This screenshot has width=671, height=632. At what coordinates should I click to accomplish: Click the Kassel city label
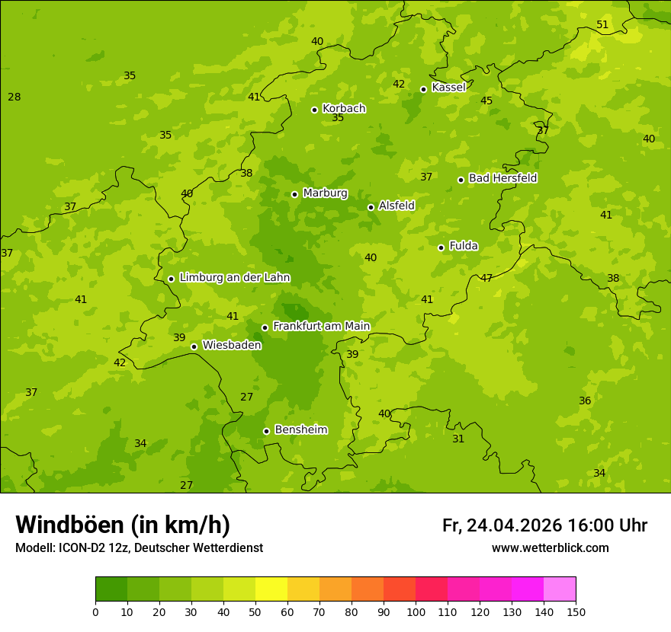click(x=448, y=88)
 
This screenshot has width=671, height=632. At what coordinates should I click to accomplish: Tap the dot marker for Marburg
click(x=294, y=194)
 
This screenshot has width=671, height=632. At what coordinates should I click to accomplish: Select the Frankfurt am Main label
click(x=321, y=326)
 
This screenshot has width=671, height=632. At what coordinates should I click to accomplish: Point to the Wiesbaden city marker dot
click(x=194, y=346)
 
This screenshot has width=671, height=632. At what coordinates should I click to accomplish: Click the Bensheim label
click(x=300, y=430)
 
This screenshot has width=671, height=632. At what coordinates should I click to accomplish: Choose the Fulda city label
click(x=464, y=246)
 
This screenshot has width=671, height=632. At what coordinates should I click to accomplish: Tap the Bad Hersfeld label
click(x=502, y=178)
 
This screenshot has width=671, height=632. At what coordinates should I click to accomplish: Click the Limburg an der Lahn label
click(x=234, y=278)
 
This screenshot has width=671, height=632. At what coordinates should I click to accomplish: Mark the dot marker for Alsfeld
click(x=371, y=207)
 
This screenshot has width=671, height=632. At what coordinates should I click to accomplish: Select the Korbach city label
click(x=344, y=108)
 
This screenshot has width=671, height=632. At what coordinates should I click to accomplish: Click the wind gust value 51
click(x=602, y=25)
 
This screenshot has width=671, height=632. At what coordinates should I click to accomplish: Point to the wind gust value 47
click(x=486, y=279)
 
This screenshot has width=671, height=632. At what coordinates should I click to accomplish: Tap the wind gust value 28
click(x=14, y=97)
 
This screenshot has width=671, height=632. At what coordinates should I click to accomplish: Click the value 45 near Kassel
click(x=486, y=101)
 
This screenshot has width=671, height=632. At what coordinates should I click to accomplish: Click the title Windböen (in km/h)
click(x=123, y=525)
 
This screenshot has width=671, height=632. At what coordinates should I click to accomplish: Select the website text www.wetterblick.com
click(x=550, y=548)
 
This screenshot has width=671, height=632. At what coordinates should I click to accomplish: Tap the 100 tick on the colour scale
click(x=416, y=611)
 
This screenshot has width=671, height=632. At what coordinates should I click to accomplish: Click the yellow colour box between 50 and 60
click(x=271, y=589)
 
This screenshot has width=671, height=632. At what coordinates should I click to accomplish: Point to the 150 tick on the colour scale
click(x=576, y=611)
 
